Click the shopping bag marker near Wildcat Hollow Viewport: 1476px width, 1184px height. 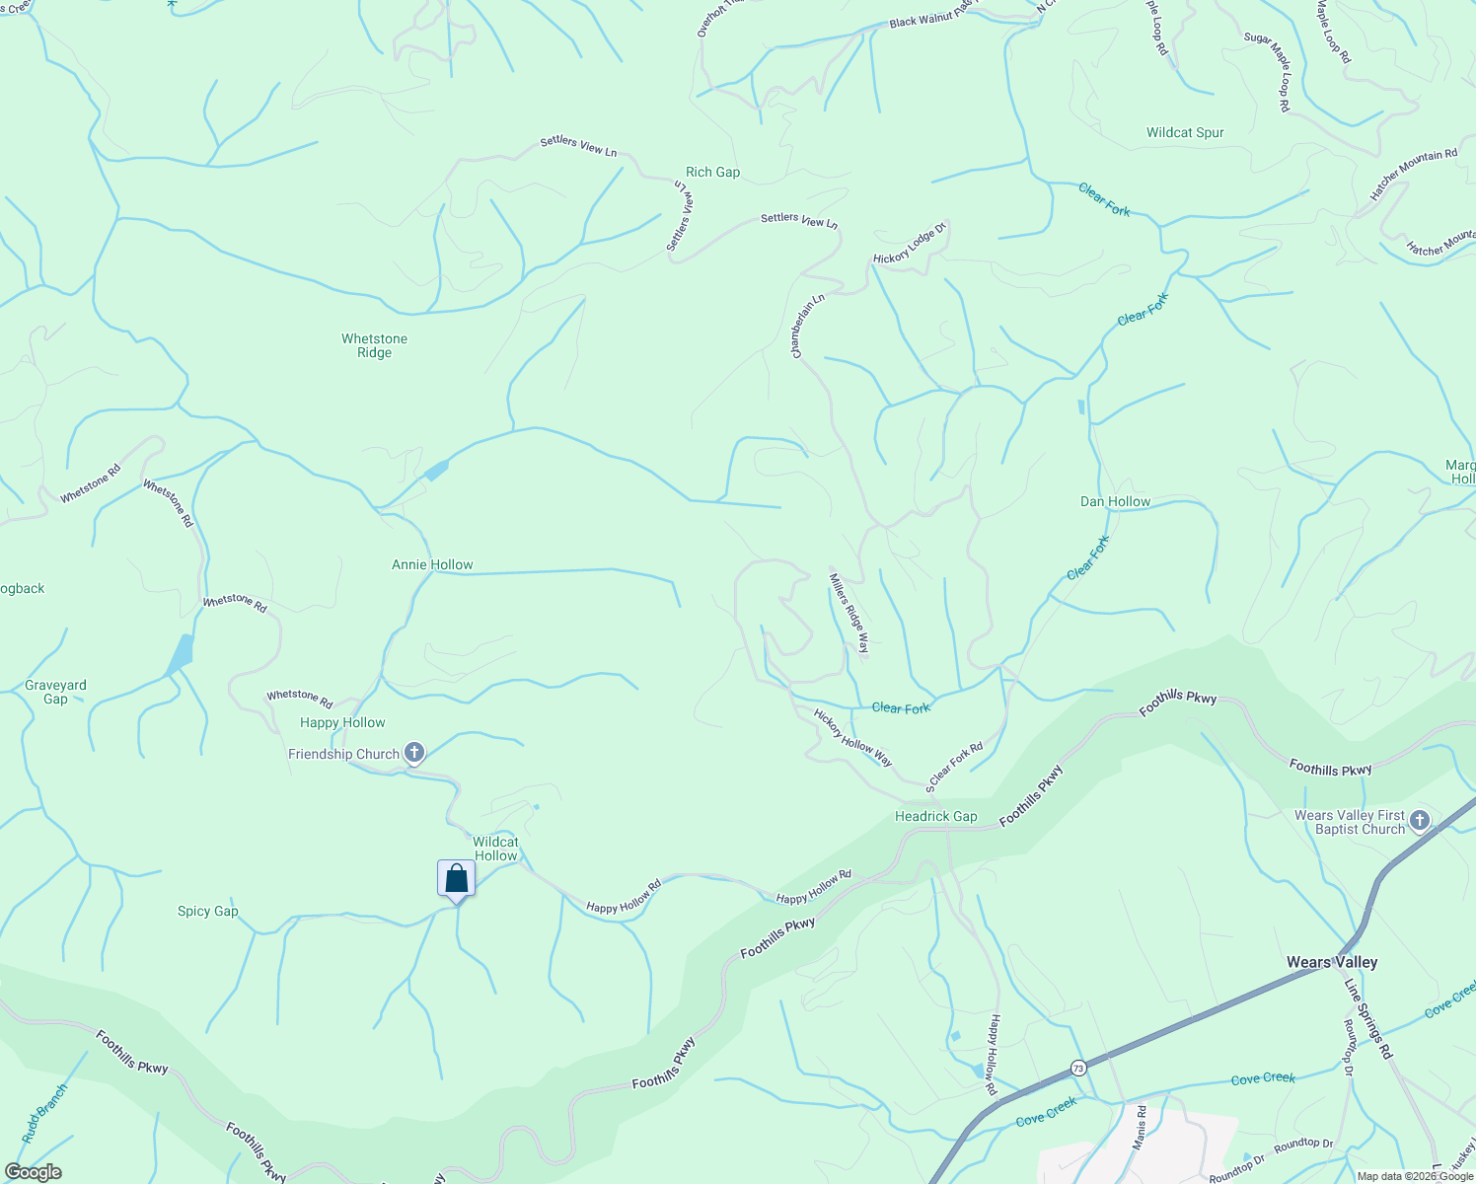pos(456,878)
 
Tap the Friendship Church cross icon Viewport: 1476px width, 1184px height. pos(414,754)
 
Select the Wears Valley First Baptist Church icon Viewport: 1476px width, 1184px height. pos(1419,821)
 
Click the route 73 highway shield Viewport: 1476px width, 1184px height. pos(1077,1069)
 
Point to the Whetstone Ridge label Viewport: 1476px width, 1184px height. pos(374,345)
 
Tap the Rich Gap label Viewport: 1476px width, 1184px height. pos(712,172)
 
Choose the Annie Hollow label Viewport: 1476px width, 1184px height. pos(432,564)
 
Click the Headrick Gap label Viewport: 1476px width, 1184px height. pos(935,816)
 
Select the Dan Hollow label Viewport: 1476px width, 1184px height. pos(1115,501)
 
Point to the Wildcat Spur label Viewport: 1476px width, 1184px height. pos(1185,132)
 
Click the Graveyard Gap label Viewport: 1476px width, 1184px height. pos(55,692)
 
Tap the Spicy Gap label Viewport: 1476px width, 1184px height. pos(207,911)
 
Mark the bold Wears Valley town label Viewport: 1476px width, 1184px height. pos(1331,962)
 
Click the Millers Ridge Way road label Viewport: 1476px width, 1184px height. pos(849,613)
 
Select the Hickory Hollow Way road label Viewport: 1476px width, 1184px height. pos(852,737)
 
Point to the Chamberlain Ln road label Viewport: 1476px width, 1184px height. pos(807,326)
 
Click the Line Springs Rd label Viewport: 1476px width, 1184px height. pos(1367,1019)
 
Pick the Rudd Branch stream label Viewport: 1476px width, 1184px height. pos(45,1114)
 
